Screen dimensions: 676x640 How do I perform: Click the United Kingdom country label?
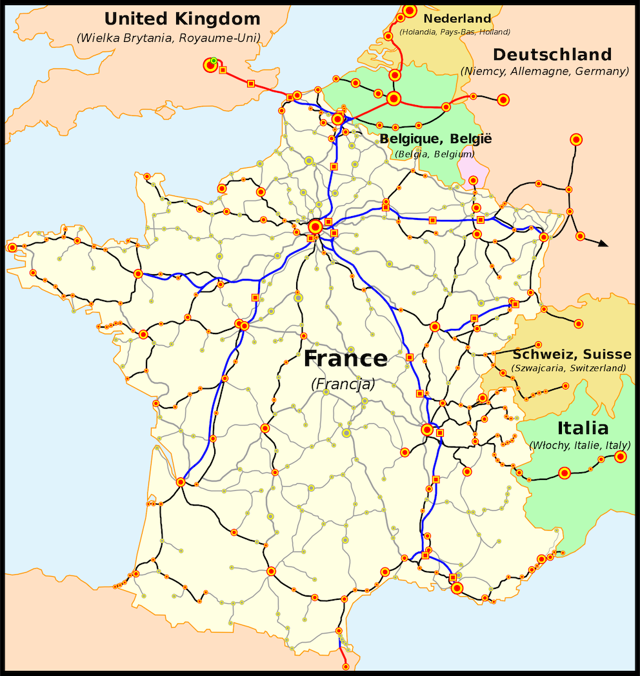[x=183, y=19]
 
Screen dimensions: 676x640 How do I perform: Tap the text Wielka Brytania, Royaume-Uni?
[x=168, y=38]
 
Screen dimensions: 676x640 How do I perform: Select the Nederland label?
[x=457, y=19]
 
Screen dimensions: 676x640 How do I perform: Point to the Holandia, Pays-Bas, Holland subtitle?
[x=455, y=32]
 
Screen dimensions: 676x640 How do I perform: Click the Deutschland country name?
[x=552, y=54]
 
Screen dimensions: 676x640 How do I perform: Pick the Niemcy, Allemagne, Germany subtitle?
[x=545, y=72]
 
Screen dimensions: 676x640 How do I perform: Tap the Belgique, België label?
[x=435, y=139]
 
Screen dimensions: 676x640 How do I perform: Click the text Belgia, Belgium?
[x=435, y=154]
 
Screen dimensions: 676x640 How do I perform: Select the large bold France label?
[x=346, y=359]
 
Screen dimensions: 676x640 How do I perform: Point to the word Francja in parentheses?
[x=343, y=384]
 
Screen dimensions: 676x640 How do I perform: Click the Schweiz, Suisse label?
[x=572, y=354]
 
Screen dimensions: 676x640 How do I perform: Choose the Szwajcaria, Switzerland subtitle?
[x=568, y=368]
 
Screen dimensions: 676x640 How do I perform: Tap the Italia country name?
[x=583, y=428]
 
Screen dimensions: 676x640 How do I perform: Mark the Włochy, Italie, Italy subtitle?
[x=579, y=445]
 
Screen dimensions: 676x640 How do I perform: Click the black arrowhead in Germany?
[x=603, y=243]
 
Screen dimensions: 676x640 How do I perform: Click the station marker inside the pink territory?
[x=473, y=180]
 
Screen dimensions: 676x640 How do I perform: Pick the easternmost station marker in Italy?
[x=621, y=457]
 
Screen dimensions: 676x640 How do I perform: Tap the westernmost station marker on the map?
[x=12, y=247]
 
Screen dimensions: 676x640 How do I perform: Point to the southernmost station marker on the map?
[x=345, y=666]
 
